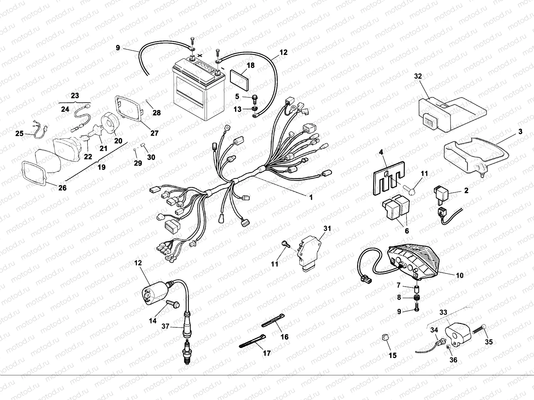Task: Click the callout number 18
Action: pyautogui.click(x=251, y=65)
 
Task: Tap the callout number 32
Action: pyautogui.click(x=418, y=76)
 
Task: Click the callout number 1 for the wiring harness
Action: pyautogui.click(x=311, y=197)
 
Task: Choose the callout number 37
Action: pyautogui.click(x=166, y=326)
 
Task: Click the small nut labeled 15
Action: pyautogui.click(x=384, y=337)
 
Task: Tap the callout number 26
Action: pyautogui.click(x=62, y=188)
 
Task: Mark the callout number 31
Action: pyautogui.click(x=327, y=228)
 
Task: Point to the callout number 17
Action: pyautogui.click(x=267, y=353)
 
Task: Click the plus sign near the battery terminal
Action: pyautogui.click(x=200, y=55)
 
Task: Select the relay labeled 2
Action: pyautogui.click(x=440, y=194)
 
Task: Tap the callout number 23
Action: pyautogui.click(x=75, y=95)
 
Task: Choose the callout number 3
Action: pyautogui.click(x=520, y=131)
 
